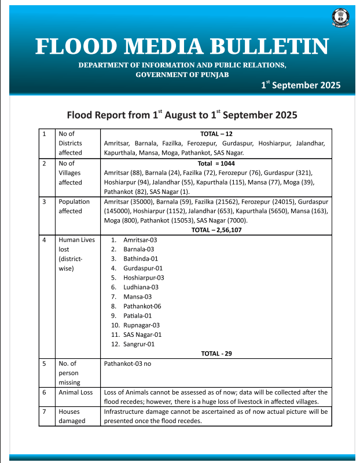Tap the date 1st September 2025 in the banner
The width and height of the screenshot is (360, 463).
tap(300, 85)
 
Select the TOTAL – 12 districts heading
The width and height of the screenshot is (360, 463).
tap(216, 134)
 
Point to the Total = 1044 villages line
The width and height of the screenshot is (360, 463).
tap(216, 164)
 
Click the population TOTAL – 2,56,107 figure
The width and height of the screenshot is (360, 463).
tap(216, 230)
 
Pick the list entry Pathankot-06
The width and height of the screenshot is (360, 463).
tap(142, 306)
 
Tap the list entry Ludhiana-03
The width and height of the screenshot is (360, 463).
tap(141, 287)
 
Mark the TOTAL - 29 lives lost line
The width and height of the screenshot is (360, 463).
tap(216, 354)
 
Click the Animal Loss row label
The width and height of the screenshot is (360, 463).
tap(75, 392)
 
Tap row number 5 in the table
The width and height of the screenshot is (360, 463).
tap(45, 363)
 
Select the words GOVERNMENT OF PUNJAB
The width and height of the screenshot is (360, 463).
tap(182, 75)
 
